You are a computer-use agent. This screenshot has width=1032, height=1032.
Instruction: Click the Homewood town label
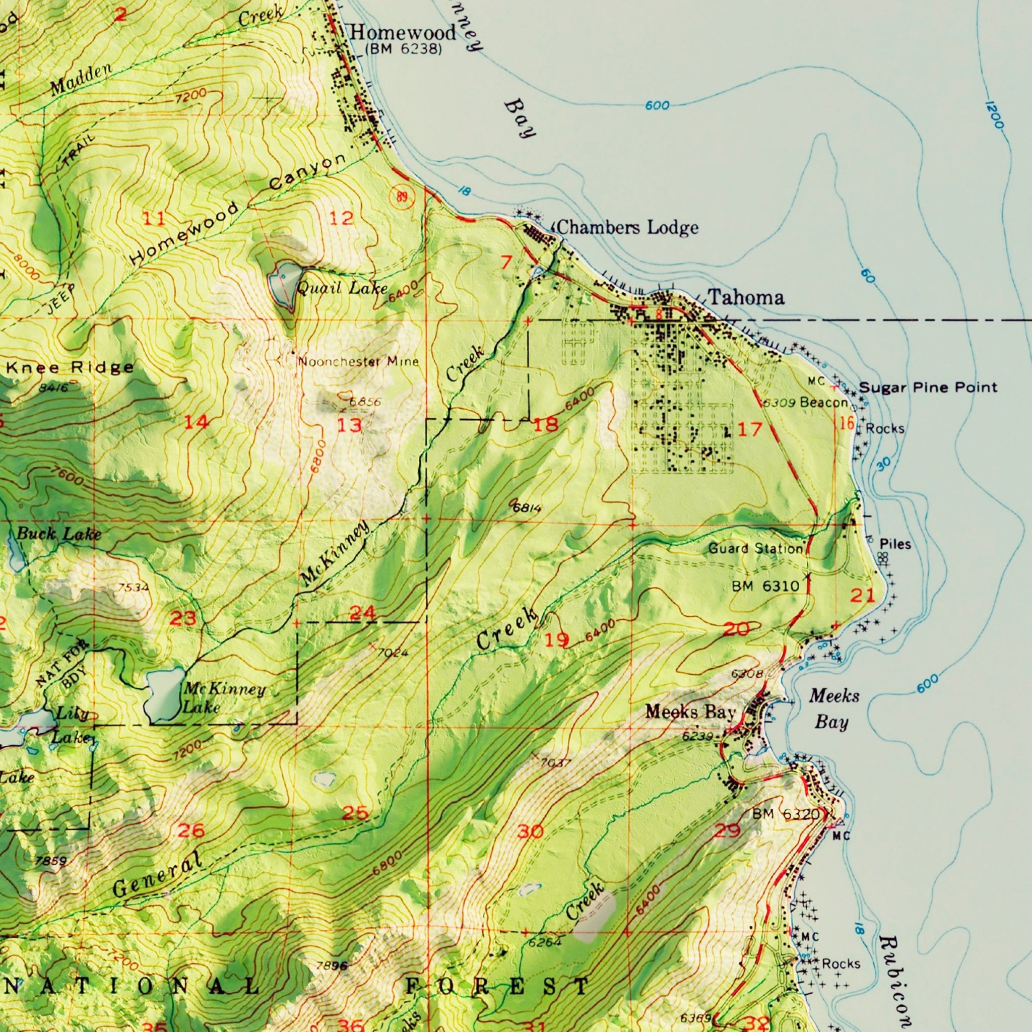tap(403, 33)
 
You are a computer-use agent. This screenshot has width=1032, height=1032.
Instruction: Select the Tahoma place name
tap(746, 297)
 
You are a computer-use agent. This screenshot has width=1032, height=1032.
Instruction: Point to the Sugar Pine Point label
tap(928, 388)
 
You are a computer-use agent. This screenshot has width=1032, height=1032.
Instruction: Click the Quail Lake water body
tap(283, 283)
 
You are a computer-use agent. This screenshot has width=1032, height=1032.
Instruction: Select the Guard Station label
tap(755, 549)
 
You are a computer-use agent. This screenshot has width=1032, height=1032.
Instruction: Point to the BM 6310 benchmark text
tap(765, 587)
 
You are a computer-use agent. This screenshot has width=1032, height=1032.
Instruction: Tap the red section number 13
tap(350, 425)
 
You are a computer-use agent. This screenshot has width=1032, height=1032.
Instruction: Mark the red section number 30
tap(530, 831)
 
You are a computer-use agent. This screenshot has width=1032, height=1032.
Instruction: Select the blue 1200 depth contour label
tap(993, 115)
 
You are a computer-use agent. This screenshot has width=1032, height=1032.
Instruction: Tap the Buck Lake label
tap(58, 533)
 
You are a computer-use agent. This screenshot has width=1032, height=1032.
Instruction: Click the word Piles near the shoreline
tap(895, 544)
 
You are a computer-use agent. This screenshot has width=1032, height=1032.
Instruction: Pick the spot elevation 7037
tap(555, 763)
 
